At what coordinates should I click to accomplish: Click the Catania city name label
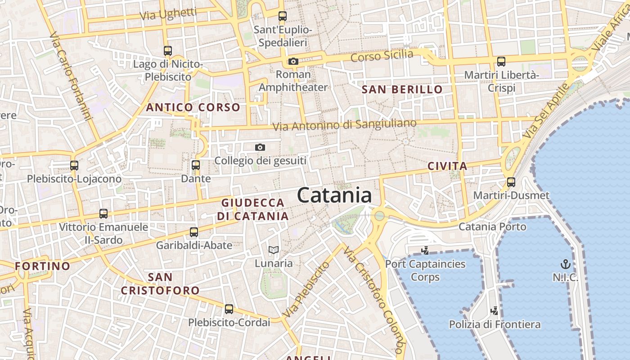[334, 195]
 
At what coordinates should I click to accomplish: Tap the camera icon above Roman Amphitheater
[293, 62]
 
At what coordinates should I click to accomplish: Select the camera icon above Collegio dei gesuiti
[260, 147]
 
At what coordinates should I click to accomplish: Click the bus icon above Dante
[196, 165]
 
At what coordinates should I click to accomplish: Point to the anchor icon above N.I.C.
[565, 264]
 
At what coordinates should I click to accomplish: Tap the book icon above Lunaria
[274, 250]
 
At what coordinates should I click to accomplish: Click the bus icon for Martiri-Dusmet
[511, 182]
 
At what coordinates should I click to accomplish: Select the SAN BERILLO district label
[402, 90]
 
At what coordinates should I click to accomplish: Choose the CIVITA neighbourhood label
[447, 166]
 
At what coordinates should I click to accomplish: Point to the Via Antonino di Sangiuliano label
[345, 125]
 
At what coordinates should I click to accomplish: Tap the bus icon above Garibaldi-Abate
[194, 232]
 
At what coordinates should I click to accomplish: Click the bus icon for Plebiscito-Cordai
[229, 309]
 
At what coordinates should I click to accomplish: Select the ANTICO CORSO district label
[193, 108]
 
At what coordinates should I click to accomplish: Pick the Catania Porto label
[492, 226]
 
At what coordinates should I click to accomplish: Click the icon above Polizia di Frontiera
[495, 310]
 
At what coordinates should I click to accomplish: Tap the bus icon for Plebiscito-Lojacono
[74, 166]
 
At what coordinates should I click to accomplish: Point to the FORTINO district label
[42, 266]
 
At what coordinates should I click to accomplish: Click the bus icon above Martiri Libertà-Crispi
[501, 62]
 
